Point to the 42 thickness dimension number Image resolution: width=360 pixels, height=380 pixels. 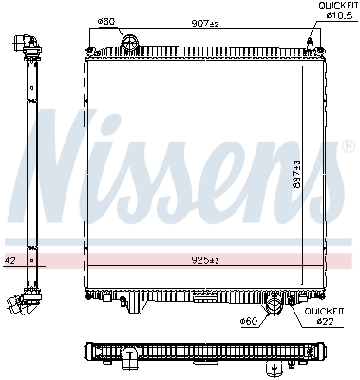point(9,258)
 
